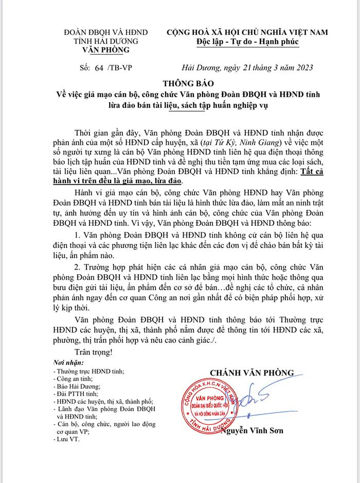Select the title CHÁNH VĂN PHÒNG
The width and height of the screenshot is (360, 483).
[x=251, y=372]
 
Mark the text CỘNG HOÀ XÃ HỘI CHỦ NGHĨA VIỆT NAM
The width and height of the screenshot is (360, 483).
[x=247, y=32]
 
